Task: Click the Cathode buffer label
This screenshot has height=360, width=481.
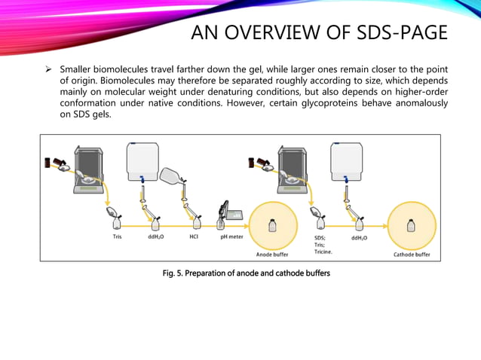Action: pos(412,255)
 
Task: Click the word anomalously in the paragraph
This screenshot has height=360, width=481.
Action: pos(418,103)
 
